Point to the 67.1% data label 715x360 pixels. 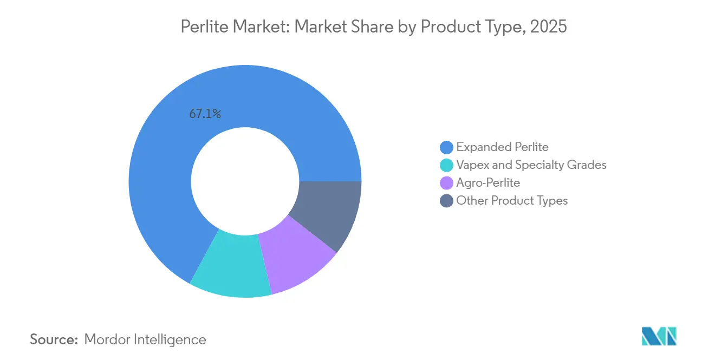tap(205, 114)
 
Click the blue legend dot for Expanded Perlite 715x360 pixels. tap(447, 147)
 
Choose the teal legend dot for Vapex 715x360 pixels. tap(447, 165)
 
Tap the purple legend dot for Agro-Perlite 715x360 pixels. tap(447, 183)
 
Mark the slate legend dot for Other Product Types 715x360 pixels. tap(447, 201)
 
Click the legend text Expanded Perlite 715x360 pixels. tap(502, 147)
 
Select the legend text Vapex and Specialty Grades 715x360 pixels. tap(531, 165)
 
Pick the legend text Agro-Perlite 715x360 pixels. tap(488, 183)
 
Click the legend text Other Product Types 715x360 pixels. tap(512, 201)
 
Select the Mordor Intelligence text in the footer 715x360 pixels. tap(145, 339)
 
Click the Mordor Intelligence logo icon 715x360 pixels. tap(659, 336)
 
